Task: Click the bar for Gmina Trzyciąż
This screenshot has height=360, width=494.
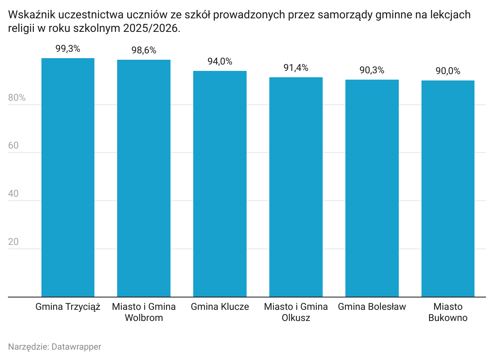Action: pyautogui.click(x=68, y=178)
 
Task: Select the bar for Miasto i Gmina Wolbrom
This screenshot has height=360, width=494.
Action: pyautogui.click(x=144, y=178)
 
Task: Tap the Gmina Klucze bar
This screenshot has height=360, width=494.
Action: pyautogui.click(x=220, y=184)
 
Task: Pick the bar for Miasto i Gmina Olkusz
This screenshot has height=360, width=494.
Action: pyautogui.click(x=296, y=187)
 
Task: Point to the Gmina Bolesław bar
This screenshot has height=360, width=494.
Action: pyautogui.click(x=372, y=188)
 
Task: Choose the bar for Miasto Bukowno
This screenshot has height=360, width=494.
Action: pyautogui.click(x=448, y=189)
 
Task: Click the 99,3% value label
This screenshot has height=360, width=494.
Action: pyautogui.click(x=68, y=49)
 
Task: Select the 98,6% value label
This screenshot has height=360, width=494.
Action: pyautogui.click(x=144, y=51)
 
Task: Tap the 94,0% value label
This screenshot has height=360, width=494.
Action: pyautogui.click(x=220, y=62)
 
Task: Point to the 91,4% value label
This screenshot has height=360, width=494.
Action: pyautogui.click(x=296, y=68)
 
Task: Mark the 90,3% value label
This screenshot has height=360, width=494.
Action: pyautogui.click(x=372, y=70)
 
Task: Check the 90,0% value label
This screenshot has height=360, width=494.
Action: pyautogui.click(x=448, y=71)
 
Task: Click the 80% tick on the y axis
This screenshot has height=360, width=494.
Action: pyautogui.click(x=17, y=98)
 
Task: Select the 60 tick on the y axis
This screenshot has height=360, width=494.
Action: pyautogui.click(x=14, y=146)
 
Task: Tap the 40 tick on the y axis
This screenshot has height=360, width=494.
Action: pyautogui.click(x=14, y=194)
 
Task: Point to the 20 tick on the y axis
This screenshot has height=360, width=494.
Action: pyautogui.click(x=14, y=242)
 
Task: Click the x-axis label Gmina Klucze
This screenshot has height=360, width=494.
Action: pyautogui.click(x=220, y=307)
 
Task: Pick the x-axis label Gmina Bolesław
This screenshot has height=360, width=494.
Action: pyautogui.click(x=372, y=307)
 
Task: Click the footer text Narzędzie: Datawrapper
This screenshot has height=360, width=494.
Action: pyautogui.click(x=55, y=347)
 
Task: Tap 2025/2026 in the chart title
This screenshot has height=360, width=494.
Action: pyautogui.click(x=151, y=29)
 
